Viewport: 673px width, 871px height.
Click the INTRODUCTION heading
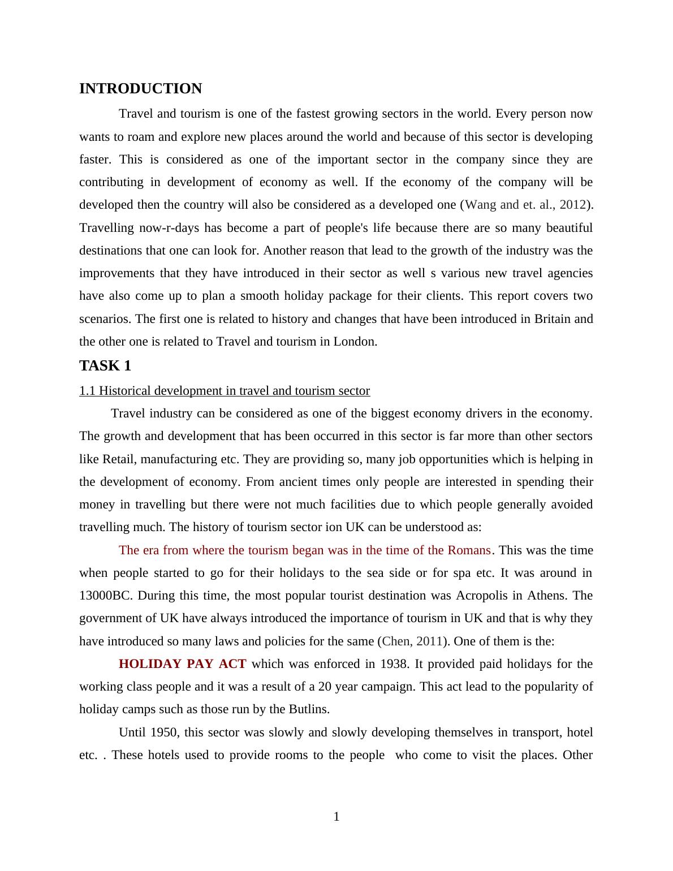[x=140, y=89]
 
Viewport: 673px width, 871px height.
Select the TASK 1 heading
[x=105, y=366]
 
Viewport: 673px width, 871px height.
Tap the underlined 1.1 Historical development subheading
[x=225, y=391]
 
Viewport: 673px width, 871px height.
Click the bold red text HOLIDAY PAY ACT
[x=182, y=664]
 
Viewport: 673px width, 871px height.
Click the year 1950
[x=165, y=732]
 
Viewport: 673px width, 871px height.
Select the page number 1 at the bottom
[x=336, y=817]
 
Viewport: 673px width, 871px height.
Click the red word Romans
[x=469, y=550]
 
